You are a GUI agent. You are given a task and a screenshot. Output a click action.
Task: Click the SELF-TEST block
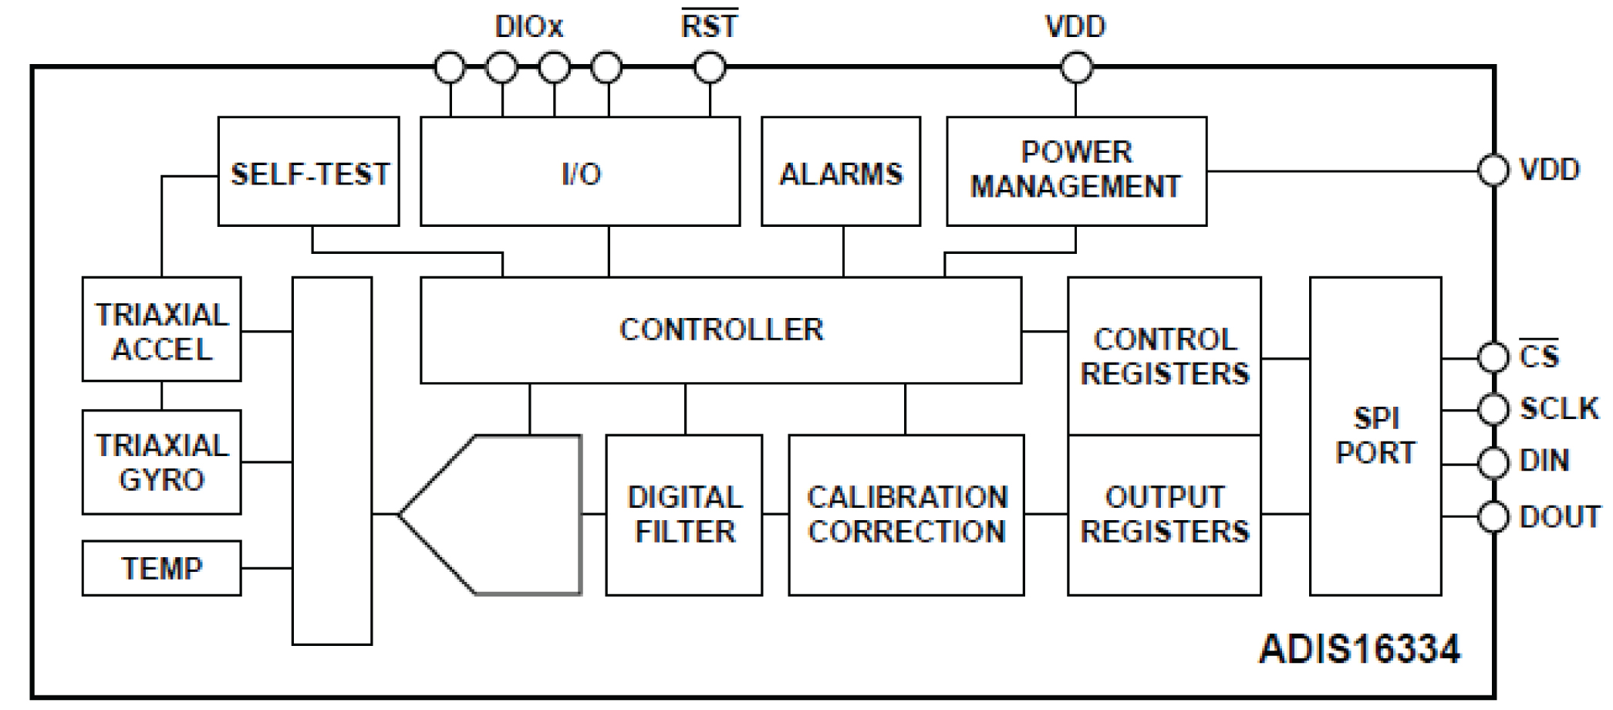(x=309, y=171)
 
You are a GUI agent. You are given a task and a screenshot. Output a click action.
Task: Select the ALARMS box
(x=841, y=171)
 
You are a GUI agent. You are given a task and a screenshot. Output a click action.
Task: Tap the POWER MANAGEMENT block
(x=1076, y=171)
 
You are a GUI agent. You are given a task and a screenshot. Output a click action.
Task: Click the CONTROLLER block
(x=720, y=330)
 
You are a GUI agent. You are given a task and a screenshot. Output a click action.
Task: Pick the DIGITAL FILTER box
(x=684, y=515)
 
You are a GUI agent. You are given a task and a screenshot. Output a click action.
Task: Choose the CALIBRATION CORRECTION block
(x=906, y=515)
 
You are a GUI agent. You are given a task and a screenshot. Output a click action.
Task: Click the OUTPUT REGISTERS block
(x=1164, y=515)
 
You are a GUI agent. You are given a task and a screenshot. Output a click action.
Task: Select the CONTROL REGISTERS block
(x=1164, y=357)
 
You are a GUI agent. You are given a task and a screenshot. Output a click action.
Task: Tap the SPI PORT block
(x=1375, y=436)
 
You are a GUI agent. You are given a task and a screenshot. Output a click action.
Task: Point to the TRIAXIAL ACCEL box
(x=162, y=330)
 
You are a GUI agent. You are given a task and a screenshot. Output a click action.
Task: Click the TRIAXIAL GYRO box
(x=162, y=462)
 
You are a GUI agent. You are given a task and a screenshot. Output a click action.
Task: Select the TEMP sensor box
(x=162, y=569)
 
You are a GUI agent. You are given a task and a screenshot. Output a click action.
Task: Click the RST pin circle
(x=710, y=68)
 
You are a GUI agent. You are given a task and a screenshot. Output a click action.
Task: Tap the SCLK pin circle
(x=1493, y=409)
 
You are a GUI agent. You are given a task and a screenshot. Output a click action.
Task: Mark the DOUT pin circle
(x=1493, y=516)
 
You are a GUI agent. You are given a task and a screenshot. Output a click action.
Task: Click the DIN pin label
(x=1544, y=461)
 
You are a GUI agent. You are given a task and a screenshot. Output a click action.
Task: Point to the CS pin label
(x=1539, y=357)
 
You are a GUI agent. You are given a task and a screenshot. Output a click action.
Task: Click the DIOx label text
(x=529, y=27)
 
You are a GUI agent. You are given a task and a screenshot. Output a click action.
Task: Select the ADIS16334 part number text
(x=1359, y=650)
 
